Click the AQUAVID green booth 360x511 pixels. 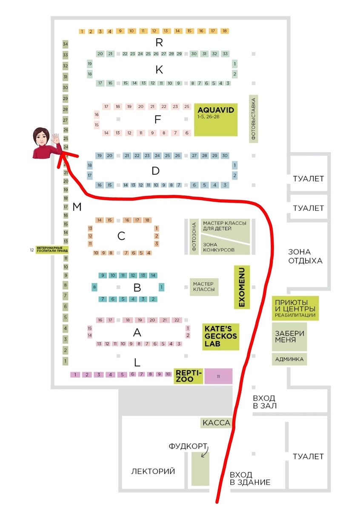pyautogui.click(x=216, y=119)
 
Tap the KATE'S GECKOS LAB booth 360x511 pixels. pyautogui.click(x=220, y=336)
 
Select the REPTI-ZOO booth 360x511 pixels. pyautogui.click(x=189, y=376)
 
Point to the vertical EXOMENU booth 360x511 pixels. pyautogui.click(x=242, y=287)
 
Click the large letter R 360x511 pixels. pyautogui.click(x=159, y=43)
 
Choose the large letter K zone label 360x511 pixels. pyautogui.click(x=159, y=70)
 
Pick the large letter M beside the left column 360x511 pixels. pyautogui.click(x=77, y=207)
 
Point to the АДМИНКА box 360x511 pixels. pyautogui.click(x=289, y=359)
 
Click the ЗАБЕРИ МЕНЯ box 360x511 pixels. pyautogui.click(x=289, y=336)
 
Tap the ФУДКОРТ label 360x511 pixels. pyautogui.click(x=188, y=447)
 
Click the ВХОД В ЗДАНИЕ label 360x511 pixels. pyautogui.click(x=250, y=478)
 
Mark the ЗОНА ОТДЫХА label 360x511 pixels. pyautogui.click(x=305, y=255)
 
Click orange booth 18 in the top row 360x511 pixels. pyautogui.click(x=224, y=31)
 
